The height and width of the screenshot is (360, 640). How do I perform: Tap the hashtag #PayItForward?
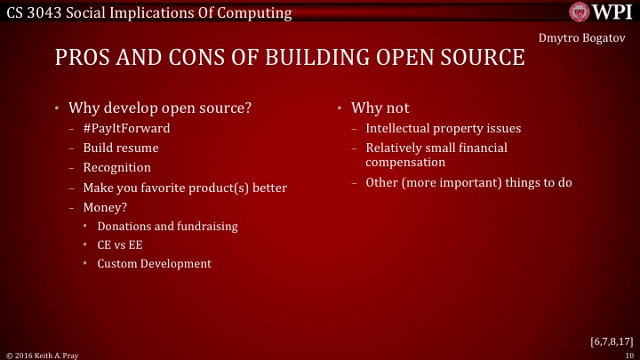pos(126,128)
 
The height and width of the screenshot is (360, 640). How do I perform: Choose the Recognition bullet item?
pos(116,167)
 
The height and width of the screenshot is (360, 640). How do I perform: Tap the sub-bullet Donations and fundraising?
pos(167,226)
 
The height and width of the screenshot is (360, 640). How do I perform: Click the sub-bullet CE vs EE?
pos(120,244)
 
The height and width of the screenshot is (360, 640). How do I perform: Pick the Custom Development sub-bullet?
pos(154,264)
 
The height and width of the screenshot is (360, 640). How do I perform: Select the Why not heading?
pos(380,108)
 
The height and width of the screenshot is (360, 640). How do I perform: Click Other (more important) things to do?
pos(468,183)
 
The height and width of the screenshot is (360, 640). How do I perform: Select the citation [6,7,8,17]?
pos(611,340)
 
